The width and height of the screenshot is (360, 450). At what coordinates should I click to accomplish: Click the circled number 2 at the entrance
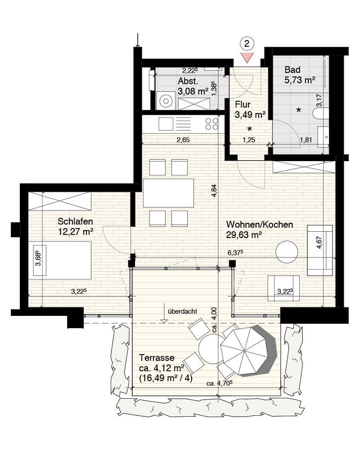(247, 44)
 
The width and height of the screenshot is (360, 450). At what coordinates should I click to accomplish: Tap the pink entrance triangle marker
(247, 58)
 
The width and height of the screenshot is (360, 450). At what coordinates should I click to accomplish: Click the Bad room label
(292, 70)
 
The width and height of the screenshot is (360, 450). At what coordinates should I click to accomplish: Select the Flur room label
(243, 104)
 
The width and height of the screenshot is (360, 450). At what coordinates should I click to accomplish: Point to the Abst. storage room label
(188, 81)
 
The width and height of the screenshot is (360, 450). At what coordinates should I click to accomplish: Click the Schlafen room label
(75, 221)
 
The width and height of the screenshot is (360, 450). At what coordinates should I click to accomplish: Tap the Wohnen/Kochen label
(260, 225)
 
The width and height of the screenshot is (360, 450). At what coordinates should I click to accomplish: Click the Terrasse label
(157, 358)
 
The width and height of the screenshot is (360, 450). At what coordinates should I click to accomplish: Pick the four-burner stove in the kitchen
(211, 124)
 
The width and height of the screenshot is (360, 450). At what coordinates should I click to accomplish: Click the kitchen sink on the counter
(166, 124)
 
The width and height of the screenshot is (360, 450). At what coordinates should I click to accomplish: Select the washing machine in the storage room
(166, 100)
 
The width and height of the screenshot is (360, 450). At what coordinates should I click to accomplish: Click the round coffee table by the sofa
(287, 252)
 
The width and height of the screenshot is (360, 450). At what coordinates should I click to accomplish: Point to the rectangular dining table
(168, 193)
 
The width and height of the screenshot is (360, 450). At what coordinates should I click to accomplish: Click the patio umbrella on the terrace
(244, 351)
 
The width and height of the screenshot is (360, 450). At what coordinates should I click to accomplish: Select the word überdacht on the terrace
(182, 311)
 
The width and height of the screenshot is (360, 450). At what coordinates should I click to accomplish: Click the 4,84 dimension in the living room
(214, 190)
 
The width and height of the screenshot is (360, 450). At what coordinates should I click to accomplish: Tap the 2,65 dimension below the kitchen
(183, 140)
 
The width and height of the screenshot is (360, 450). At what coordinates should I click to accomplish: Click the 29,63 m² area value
(244, 235)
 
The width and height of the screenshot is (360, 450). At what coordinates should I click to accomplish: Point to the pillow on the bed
(40, 260)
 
